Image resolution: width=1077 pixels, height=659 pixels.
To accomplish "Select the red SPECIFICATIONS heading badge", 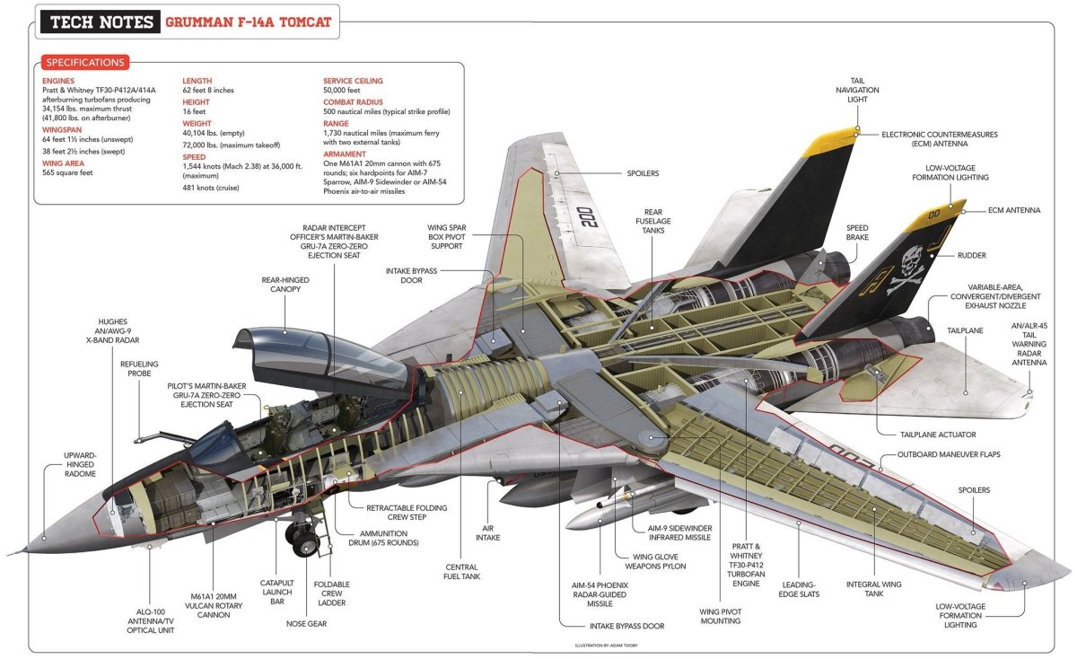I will tap(84, 63).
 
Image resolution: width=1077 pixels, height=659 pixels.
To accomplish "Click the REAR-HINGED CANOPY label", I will tap(285, 284).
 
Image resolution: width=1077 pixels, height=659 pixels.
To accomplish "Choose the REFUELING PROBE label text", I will tap(138, 369).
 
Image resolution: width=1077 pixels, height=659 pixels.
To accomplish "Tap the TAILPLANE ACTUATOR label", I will tap(938, 435).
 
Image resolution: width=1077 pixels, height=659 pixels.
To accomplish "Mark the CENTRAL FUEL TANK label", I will tap(461, 571).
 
